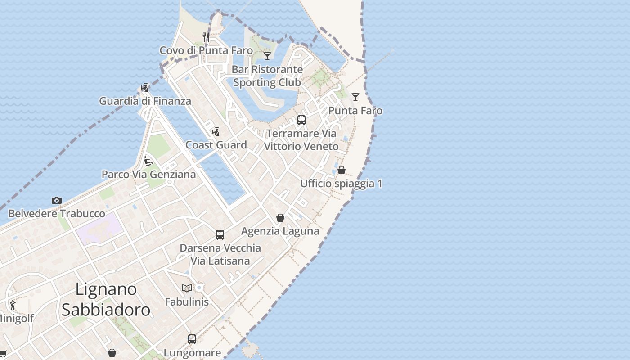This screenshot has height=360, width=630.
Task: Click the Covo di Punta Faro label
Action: click(206, 50)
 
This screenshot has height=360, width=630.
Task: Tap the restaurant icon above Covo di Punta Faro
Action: click(206, 37)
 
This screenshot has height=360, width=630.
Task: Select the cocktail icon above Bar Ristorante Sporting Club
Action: click(267, 56)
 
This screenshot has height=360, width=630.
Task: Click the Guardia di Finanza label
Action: click(145, 101)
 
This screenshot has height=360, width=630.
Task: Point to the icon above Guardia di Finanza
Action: click(145, 87)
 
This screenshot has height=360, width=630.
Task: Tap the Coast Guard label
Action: click(216, 145)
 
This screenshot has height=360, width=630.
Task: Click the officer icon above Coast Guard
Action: click(216, 132)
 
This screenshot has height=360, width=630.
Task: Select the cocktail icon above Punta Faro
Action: click(355, 97)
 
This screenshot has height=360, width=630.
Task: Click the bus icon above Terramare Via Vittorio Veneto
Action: click(301, 120)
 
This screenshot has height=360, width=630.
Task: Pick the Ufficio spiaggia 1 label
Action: click(341, 184)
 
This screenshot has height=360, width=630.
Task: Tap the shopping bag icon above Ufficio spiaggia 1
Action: click(342, 170)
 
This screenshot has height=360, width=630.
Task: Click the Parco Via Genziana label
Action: click(148, 174)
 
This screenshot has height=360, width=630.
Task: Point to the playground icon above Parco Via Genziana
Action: click(148, 161)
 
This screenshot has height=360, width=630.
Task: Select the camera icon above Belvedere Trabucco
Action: click(57, 200)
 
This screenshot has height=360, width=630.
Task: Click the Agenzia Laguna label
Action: click(280, 231)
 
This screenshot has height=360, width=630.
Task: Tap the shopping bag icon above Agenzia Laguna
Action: click(280, 218)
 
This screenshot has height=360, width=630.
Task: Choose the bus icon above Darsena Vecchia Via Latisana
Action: click(220, 234)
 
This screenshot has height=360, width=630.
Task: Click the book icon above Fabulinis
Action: click(187, 288)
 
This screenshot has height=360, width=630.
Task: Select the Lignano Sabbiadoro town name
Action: click(106, 299)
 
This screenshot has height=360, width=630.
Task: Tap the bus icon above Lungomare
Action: click(192, 339)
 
